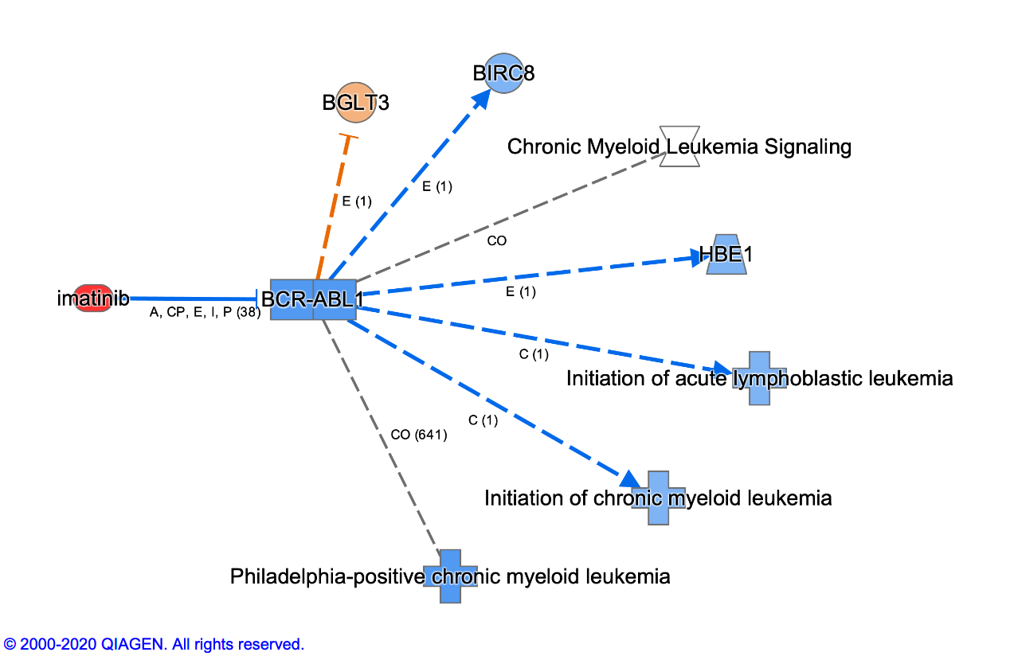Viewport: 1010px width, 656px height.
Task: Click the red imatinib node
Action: click(92, 299)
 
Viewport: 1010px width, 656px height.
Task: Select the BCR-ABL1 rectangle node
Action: click(313, 299)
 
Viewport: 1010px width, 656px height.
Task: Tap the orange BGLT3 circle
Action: click(355, 102)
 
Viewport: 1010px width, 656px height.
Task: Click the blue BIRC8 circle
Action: click(503, 73)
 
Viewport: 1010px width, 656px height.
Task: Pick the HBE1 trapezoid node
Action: click(726, 255)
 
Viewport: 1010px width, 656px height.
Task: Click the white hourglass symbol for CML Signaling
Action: click(679, 146)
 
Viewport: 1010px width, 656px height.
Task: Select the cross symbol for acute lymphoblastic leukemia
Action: click(759, 378)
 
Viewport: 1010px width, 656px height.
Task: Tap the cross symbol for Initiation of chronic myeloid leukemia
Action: click(658, 498)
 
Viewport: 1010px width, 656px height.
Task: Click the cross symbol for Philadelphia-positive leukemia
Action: click(450, 576)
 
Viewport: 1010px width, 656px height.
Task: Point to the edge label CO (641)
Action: click(419, 435)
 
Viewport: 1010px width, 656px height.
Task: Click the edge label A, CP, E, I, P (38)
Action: click(206, 313)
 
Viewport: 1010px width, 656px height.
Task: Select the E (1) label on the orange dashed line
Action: click(357, 201)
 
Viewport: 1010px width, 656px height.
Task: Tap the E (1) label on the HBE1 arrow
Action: click(521, 292)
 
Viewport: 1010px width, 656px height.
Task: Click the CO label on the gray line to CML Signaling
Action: click(496, 240)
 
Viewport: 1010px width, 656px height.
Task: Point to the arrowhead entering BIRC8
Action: click(481, 99)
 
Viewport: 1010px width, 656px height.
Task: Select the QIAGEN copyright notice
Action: click(155, 644)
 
